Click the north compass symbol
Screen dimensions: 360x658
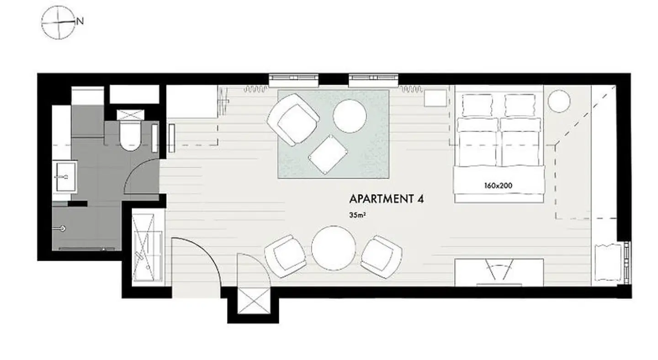(58, 22)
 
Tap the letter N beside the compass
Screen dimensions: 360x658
(80, 21)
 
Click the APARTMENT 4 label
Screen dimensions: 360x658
(383, 199)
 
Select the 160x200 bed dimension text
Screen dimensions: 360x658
(498, 186)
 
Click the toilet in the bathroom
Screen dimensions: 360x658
(129, 136)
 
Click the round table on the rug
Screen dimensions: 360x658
(350, 116)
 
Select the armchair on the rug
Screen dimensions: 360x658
(293, 120)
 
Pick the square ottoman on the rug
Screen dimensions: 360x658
(327, 154)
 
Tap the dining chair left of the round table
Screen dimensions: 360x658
(286, 256)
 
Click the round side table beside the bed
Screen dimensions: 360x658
(559, 101)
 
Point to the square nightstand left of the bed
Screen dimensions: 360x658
(435, 98)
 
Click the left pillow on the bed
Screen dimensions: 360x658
(478, 105)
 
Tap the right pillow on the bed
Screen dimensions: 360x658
(520, 105)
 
